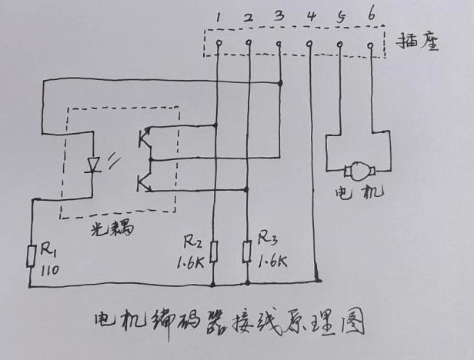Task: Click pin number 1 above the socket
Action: click(219, 15)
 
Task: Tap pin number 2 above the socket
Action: click(248, 15)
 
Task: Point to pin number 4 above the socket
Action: click(310, 15)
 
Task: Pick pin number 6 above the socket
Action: click(372, 14)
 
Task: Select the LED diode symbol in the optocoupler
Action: click(95, 165)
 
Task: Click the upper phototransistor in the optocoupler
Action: click(144, 139)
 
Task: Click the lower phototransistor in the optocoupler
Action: click(144, 182)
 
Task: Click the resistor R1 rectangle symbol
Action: click(31, 255)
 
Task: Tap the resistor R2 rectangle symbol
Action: click(213, 251)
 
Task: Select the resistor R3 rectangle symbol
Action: click(247, 251)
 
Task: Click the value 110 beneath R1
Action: click(49, 269)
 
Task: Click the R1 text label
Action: click(49, 251)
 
